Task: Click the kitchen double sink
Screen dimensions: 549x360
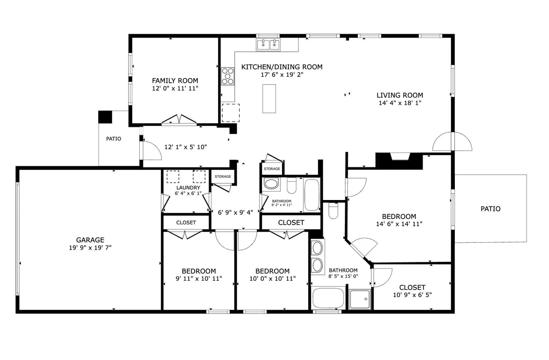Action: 269,45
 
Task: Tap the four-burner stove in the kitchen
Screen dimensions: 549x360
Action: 227,76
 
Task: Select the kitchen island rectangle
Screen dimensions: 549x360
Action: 269,99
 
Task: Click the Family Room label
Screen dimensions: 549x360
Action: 175,80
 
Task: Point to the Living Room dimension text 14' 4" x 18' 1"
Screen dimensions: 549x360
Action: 400,103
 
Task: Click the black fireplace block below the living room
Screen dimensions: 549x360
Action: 399,161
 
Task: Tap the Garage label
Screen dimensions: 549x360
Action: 90,240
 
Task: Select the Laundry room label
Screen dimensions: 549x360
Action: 188,188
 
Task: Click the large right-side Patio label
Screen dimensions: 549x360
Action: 491,209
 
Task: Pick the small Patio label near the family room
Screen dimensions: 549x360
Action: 114,139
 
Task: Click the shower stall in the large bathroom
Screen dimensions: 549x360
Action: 360,299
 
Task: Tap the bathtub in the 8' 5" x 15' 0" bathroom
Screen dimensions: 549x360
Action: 328,298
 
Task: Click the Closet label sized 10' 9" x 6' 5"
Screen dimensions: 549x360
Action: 412,288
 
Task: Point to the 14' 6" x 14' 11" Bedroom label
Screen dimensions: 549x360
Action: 399,216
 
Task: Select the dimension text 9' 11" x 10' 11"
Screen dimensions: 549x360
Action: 199,279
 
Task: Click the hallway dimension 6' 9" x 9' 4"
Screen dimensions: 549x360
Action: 235,212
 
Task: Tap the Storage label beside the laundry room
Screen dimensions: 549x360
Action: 222,177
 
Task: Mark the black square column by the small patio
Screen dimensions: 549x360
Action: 105,117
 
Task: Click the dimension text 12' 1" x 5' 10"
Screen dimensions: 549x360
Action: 186,147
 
